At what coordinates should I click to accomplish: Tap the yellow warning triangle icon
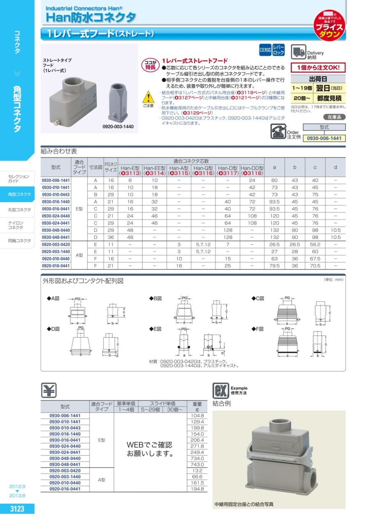pyautogui.click(x=147, y=98)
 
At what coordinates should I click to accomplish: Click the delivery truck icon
pyautogui.click(x=298, y=52)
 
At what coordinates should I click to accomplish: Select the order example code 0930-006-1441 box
pyautogui.click(x=324, y=139)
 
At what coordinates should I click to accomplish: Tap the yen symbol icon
pyautogui.click(x=49, y=390)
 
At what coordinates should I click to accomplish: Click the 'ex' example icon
pyautogui.click(x=220, y=390)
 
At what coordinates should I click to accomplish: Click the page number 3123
pyautogui.click(x=17, y=509)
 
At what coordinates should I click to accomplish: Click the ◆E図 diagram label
pyautogui.click(x=156, y=329)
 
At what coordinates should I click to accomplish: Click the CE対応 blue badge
pyautogui.click(x=265, y=50)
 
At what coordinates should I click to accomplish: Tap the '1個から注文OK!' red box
pyautogui.click(x=318, y=67)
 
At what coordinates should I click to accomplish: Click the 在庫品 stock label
pyautogui.click(x=334, y=117)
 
